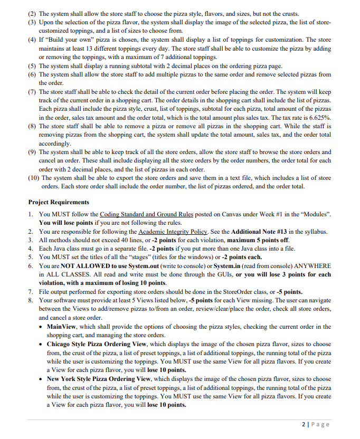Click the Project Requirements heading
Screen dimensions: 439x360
(59, 202)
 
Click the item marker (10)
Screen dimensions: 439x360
(33, 178)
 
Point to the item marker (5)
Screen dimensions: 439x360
(33, 66)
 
